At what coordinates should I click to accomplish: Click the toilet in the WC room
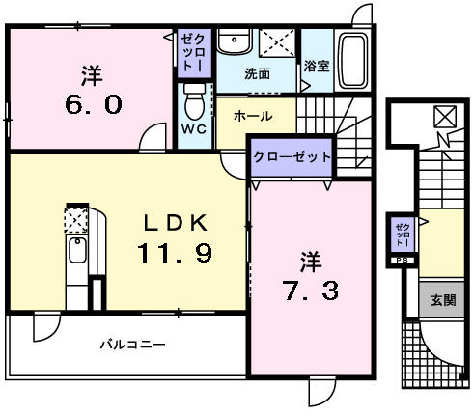pos(195,101)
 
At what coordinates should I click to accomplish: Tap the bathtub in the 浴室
pos(353,61)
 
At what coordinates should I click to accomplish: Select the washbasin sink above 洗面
pos(234,41)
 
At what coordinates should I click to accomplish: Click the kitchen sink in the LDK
pos(77,250)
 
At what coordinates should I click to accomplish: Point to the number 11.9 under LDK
pos(175,253)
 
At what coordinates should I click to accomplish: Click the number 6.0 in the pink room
pos(94,104)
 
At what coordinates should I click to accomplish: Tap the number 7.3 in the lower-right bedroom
pos(311,290)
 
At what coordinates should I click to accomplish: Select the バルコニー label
pos(132,345)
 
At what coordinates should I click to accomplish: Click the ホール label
pos(253,116)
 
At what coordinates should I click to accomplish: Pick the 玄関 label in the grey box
pos(443,300)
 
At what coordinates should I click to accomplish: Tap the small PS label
pos(402,261)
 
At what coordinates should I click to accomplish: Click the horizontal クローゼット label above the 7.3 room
pos(292,157)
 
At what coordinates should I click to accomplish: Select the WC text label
pos(194,129)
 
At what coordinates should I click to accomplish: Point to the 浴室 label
pos(317,66)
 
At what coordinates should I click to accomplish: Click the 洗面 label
pos(257,74)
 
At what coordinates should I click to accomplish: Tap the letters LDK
pos(176,223)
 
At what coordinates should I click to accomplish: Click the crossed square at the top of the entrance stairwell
pos(445,117)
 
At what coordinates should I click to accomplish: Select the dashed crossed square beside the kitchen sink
pos(76,220)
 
